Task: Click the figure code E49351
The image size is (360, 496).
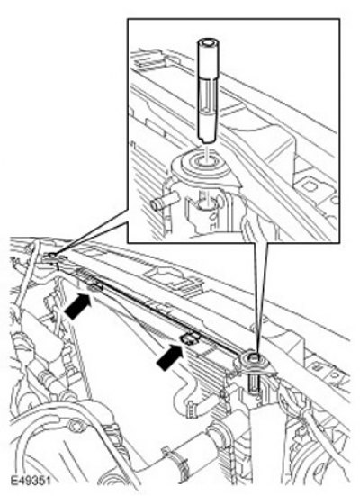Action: click(31, 481)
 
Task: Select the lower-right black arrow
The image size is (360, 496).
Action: click(170, 356)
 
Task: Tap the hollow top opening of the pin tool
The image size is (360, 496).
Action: click(207, 42)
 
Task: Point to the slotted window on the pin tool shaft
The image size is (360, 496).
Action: click(208, 95)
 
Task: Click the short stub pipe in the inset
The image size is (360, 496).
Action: click(164, 202)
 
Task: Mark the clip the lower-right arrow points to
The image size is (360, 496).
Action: click(190, 338)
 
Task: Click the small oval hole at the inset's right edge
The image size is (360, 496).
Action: click(334, 200)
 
